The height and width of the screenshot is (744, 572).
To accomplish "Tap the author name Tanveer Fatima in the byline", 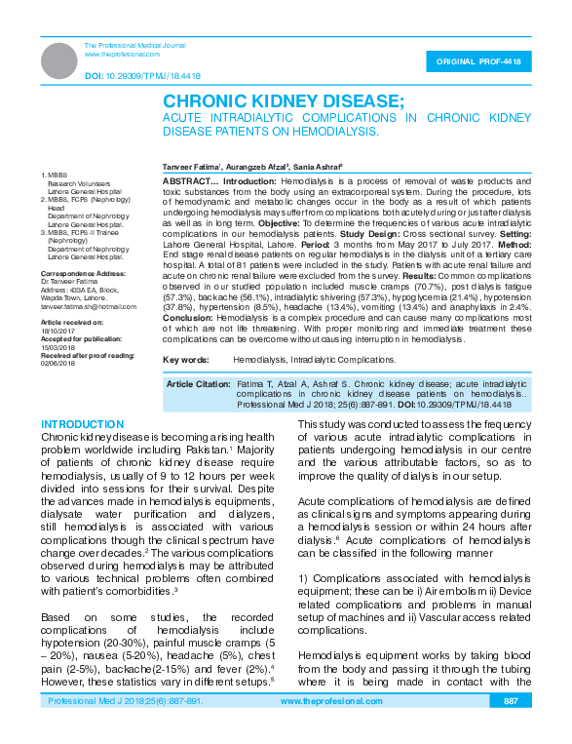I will [190, 168].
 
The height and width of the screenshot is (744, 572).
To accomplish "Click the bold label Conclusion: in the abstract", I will [188, 318].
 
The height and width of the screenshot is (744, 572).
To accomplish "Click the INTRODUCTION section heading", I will [83, 425].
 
